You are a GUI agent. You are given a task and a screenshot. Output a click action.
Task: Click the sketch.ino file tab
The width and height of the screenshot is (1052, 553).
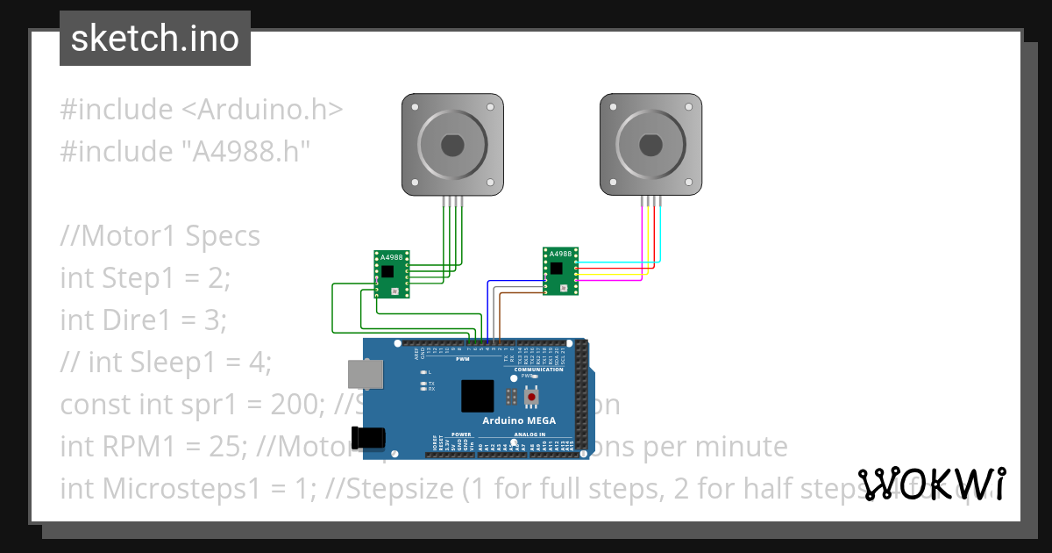[x=155, y=39]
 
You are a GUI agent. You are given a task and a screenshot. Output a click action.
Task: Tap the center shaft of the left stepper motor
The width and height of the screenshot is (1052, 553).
[x=452, y=144]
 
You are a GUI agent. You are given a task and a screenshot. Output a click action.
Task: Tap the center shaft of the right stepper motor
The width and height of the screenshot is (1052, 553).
[x=650, y=144]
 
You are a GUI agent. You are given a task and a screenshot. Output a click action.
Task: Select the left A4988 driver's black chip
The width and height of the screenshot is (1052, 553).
[x=387, y=271]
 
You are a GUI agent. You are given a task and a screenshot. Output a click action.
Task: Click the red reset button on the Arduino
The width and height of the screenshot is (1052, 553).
[x=531, y=398]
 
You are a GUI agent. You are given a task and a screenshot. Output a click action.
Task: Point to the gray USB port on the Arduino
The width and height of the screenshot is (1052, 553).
[x=364, y=374]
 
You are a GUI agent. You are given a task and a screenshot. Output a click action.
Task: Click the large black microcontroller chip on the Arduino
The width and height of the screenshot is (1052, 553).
[x=478, y=396]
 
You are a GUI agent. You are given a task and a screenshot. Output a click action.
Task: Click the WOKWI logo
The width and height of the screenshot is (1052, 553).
[x=931, y=484]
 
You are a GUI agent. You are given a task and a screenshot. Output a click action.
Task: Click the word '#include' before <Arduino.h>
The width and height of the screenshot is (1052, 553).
[x=117, y=110]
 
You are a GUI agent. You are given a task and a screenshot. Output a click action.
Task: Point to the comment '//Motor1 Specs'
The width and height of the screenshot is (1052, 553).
[x=160, y=236]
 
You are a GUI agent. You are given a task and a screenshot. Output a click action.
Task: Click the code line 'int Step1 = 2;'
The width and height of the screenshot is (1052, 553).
[x=145, y=278]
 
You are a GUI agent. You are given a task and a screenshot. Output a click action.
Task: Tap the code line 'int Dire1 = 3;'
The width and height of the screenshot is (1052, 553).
[x=143, y=320]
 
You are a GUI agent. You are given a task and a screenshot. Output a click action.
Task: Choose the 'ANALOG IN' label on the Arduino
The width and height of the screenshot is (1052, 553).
[x=530, y=434]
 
